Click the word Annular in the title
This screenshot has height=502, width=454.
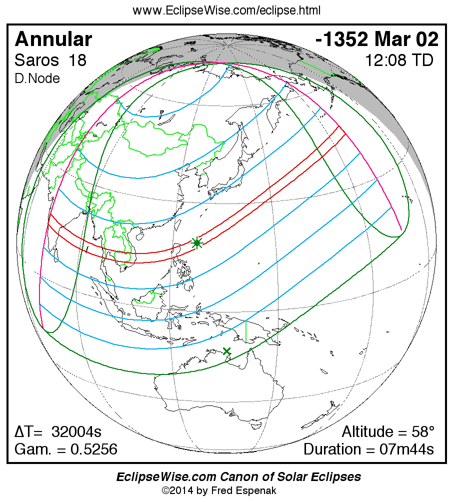click(53, 39)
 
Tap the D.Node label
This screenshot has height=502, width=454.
click(37, 78)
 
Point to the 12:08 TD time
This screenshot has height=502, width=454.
click(399, 60)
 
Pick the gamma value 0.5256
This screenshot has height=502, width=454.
click(93, 449)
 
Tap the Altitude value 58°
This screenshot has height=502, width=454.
click(423, 432)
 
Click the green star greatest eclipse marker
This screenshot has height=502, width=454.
click(197, 243)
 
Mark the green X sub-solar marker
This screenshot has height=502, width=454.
click(227, 351)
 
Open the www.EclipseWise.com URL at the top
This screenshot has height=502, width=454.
click(226, 10)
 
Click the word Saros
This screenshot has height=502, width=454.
click(36, 60)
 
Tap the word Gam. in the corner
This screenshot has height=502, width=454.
click(33, 449)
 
